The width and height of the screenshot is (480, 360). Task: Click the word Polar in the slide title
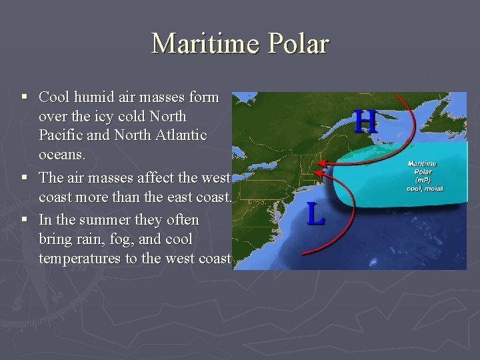point(299,44)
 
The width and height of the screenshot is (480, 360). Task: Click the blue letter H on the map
point(365,122)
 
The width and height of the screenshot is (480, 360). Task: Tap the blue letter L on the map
point(316,214)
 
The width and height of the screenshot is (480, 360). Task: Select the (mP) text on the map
point(421,181)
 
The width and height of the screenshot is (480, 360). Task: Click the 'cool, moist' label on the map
point(425,189)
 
